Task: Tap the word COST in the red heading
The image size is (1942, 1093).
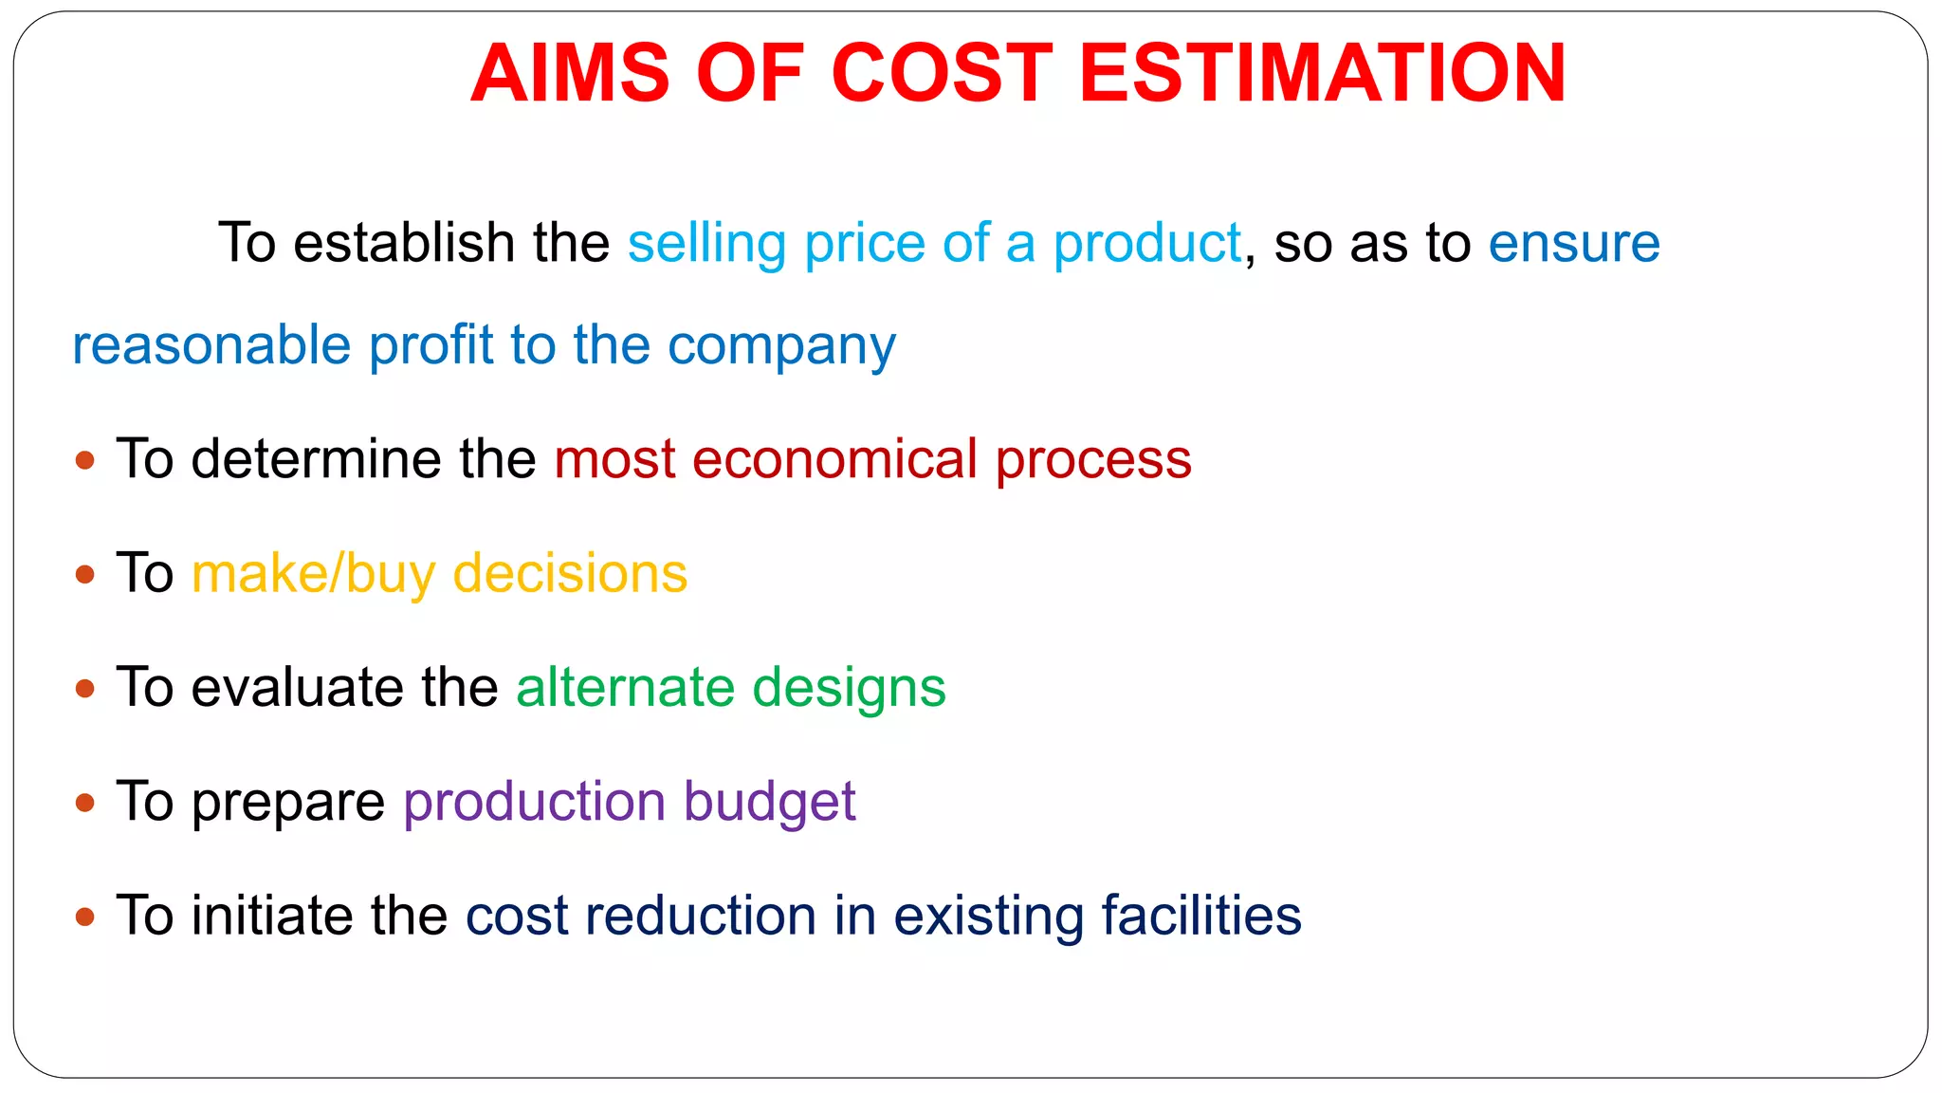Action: coord(942,74)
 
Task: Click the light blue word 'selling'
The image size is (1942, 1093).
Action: coord(706,244)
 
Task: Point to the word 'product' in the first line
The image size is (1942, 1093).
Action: coord(1147,244)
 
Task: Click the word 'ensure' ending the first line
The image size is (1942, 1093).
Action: coord(1574,244)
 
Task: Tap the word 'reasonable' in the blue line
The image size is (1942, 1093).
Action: coord(211,344)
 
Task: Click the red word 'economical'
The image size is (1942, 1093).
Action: coord(834,460)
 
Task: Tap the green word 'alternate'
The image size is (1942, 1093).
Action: coord(625,688)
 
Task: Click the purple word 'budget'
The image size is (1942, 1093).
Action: coord(769,803)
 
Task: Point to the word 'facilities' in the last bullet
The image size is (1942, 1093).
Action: coord(1201,917)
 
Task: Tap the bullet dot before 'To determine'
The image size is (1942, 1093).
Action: coord(85,461)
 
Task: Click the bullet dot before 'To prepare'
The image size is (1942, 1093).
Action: coord(85,804)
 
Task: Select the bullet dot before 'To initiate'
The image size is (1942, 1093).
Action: coord(85,917)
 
